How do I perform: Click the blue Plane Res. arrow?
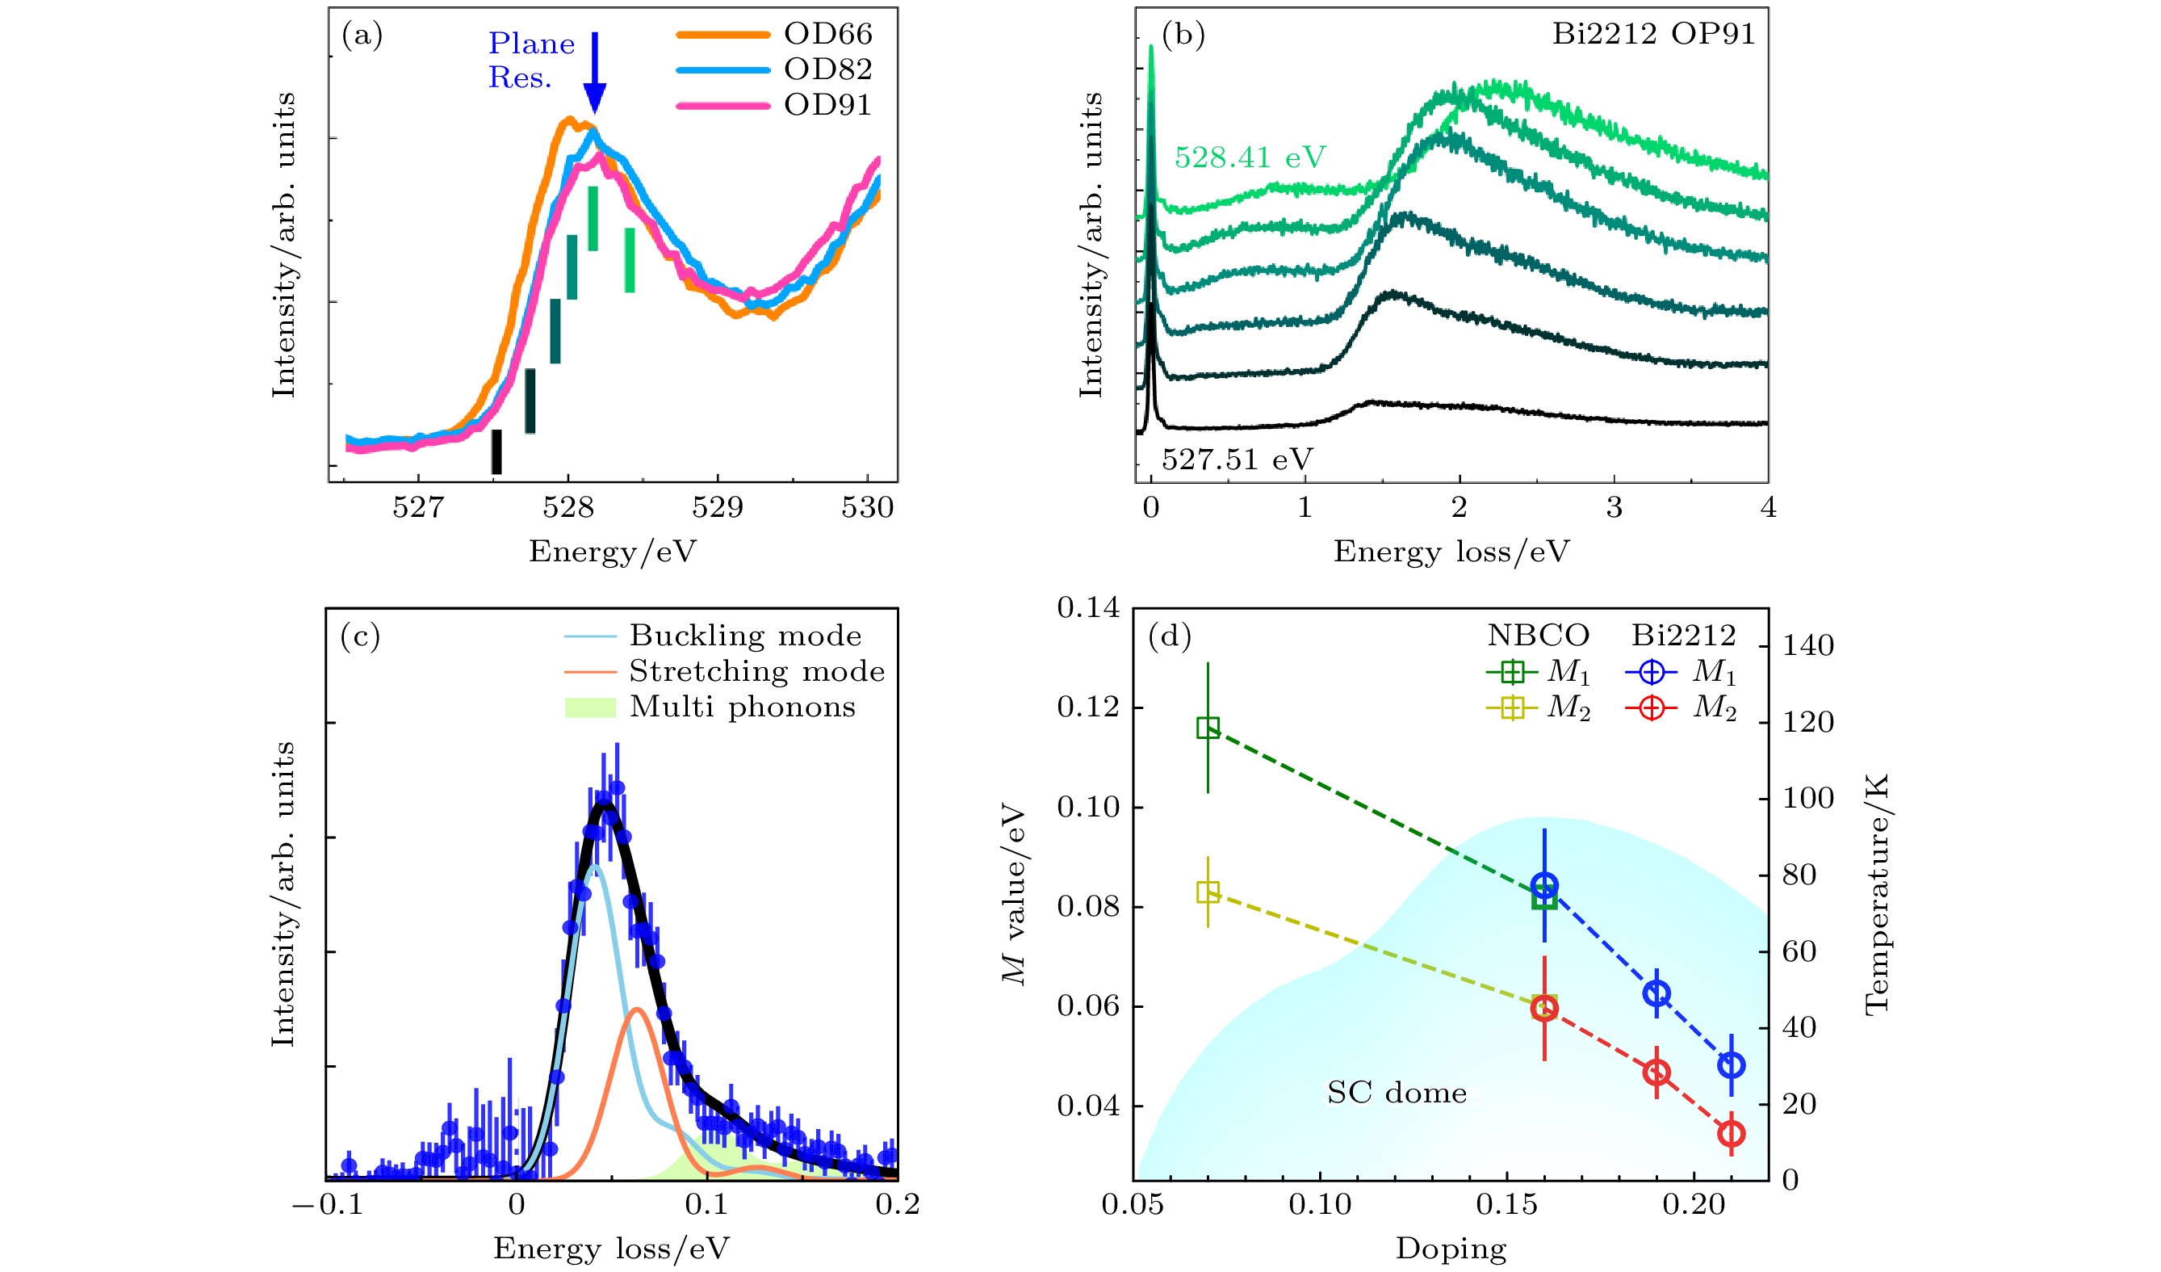(x=594, y=73)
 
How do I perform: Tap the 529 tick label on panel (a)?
(x=717, y=508)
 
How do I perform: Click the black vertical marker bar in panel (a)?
(x=496, y=451)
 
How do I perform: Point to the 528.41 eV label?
(x=1250, y=157)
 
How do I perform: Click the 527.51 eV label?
(x=1237, y=460)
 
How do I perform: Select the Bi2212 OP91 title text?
(x=1653, y=34)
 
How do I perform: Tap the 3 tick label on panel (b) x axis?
(x=1614, y=508)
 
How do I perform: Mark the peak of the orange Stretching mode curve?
(x=636, y=1010)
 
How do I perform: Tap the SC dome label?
(x=1396, y=1093)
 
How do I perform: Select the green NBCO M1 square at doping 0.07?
(x=1208, y=728)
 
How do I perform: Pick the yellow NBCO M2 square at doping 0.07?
(x=1208, y=893)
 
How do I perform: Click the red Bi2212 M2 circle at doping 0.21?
(x=1731, y=1134)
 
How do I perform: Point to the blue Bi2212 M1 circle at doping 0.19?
(x=1656, y=993)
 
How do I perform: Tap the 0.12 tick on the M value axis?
(x=1087, y=707)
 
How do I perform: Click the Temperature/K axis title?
(x=1876, y=894)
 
